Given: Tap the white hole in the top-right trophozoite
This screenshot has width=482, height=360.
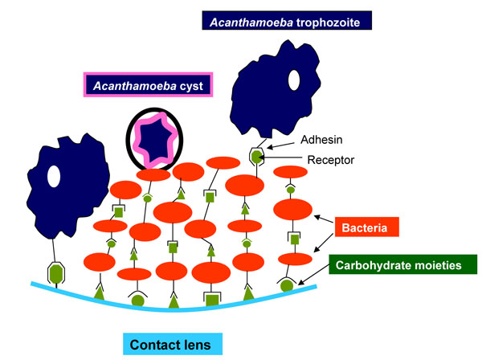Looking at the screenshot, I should point(294,79).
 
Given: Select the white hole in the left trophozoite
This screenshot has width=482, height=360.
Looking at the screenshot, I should point(55,176).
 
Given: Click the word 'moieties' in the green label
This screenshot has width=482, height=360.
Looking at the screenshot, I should point(444,264).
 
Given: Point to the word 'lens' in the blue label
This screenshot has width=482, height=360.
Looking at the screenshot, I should point(196,344).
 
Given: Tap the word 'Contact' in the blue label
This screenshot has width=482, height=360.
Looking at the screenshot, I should point(157,344).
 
